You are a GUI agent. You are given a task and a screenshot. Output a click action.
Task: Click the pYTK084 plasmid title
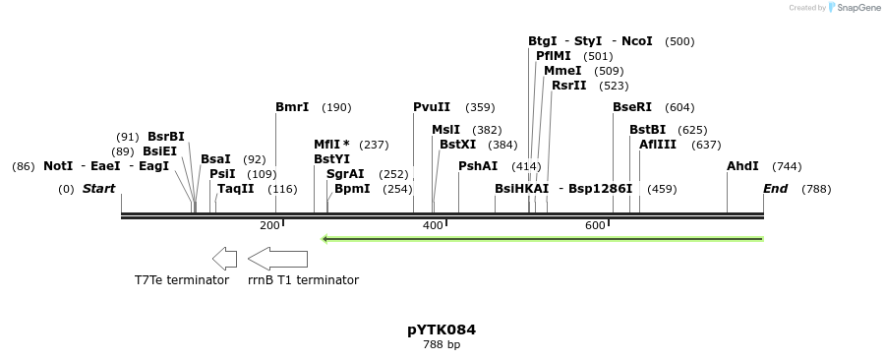[x=442, y=330]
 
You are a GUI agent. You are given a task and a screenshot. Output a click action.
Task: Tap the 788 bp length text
[x=442, y=345]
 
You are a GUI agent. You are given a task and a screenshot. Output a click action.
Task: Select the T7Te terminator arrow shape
[x=224, y=259]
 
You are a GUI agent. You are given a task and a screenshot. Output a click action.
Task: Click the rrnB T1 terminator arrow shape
[x=277, y=259]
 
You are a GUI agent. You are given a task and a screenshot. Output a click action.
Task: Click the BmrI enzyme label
[x=292, y=107]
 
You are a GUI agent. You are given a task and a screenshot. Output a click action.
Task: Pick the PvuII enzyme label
[x=432, y=107]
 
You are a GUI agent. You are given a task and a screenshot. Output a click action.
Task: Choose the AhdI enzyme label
[x=742, y=166]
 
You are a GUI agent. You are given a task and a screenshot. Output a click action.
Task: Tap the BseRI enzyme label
[x=632, y=107]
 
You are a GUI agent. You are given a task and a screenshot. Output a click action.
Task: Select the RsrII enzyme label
[x=568, y=86]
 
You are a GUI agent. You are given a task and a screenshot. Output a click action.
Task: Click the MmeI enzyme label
[x=562, y=71]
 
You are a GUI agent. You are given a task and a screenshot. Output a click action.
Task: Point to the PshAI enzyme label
[x=478, y=166]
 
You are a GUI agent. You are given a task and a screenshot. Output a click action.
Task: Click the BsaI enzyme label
[x=215, y=158]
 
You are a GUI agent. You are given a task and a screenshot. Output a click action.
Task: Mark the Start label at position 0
[x=98, y=189]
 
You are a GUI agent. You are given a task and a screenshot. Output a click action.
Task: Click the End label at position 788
[x=775, y=189]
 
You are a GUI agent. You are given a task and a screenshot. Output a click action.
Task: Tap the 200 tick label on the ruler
[x=269, y=226]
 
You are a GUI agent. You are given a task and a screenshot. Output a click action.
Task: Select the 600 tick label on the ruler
[x=595, y=226]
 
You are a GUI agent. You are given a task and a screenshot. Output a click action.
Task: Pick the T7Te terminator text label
[x=182, y=280]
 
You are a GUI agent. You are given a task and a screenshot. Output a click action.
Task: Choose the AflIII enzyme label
[x=658, y=145]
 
